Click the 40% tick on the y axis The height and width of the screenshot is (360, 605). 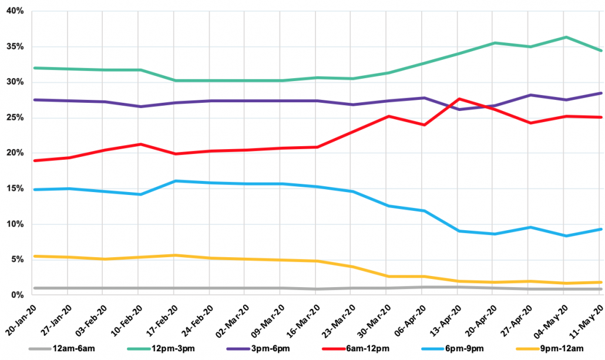click(15, 11)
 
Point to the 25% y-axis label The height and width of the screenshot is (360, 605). click(15, 118)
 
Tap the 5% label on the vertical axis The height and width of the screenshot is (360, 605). click(16, 260)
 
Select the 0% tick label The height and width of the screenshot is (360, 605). click(16, 295)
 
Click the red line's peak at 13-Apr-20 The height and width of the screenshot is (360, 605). click(459, 99)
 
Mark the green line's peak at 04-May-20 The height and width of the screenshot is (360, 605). click(565, 37)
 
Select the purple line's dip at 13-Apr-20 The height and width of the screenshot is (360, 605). click(459, 109)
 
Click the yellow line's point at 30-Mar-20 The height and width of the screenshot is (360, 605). click(388, 276)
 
